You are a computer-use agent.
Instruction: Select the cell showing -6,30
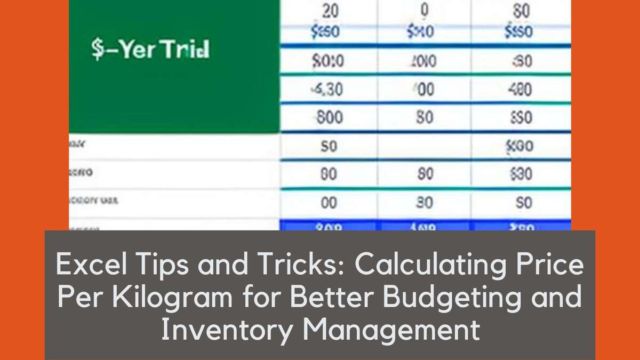327,90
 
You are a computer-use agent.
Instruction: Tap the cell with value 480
518,90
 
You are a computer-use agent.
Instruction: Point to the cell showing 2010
425,62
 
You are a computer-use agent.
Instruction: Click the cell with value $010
327,62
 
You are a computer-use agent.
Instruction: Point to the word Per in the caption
77,298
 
